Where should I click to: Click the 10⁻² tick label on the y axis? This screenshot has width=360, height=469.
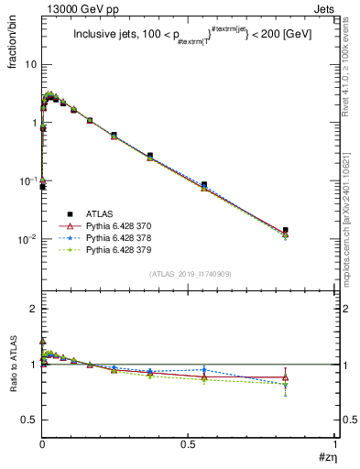pyautogui.click(x=27, y=239)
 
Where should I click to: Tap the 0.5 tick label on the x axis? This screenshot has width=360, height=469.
pyautogui.click(x=188, y=444)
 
